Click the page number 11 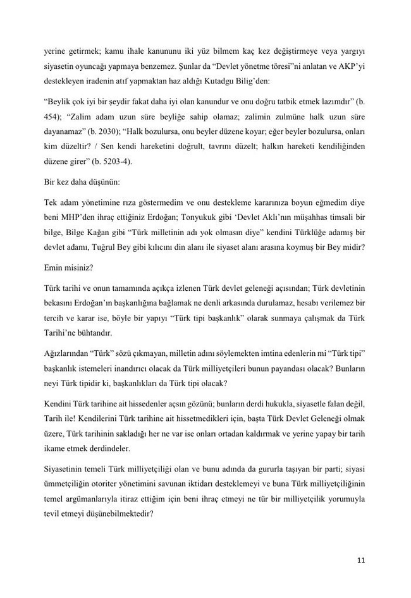point(361,559)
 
